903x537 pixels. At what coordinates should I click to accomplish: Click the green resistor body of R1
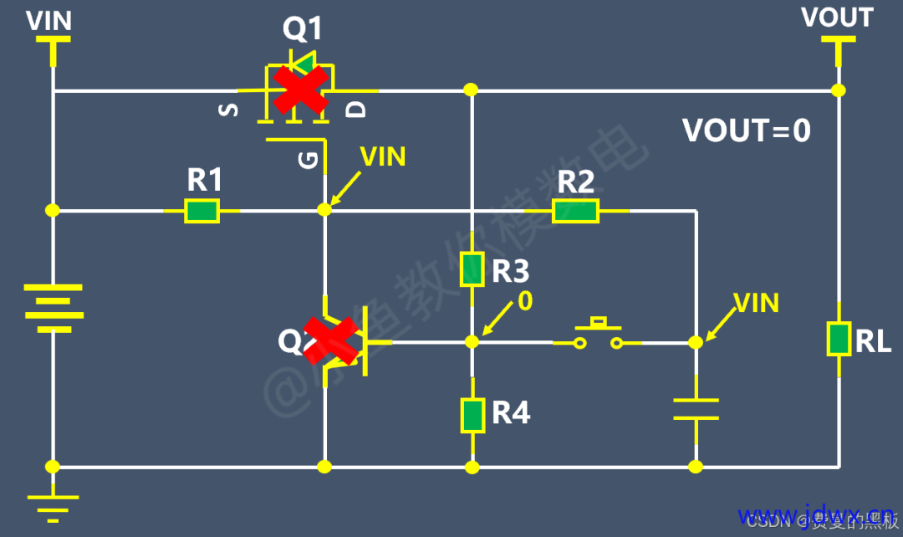pyautogui.click(x=202, y=211)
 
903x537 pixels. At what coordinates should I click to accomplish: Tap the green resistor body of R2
pyautogui.click(x=575, y=212)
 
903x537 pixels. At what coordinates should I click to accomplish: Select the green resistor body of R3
pyautogui.click(x=472, y=268)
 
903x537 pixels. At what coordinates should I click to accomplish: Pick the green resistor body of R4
pyautogui.click(x=472, y=415)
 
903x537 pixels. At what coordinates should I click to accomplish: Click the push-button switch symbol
pyautogui.click(x=596, y=335)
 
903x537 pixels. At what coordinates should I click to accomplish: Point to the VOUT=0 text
pyautogui.click(x=746, y=131)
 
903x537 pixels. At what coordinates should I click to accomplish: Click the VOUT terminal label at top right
pyautogui.click(x=837, y=18)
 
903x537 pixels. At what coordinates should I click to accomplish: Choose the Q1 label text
pyautogui.click(x=302, y=30)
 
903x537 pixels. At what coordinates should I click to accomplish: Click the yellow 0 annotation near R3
pyautogui.click(x=525, y=301)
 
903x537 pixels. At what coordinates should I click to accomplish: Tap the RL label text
pyautogui.click(x=874, y=341)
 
